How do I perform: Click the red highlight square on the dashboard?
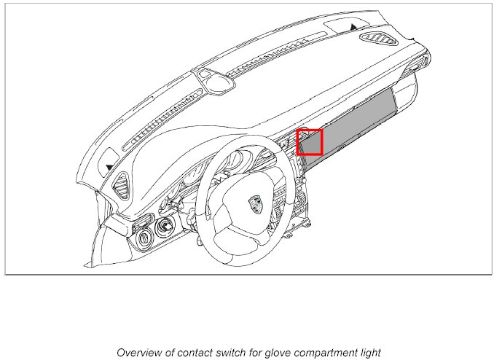310,142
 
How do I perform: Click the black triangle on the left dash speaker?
109,167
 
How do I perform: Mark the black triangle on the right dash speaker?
353,27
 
